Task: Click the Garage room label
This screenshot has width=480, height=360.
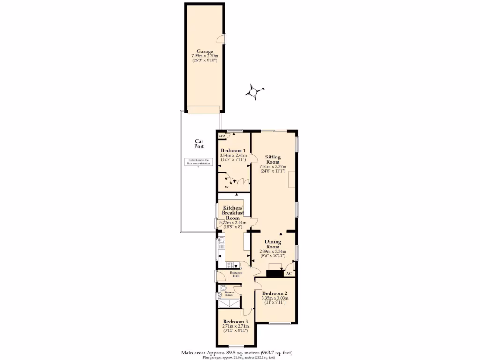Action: [x=205, y=52]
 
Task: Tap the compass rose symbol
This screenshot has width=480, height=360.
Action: [x=254, y=92]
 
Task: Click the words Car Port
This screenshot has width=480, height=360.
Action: [x=199, y=143]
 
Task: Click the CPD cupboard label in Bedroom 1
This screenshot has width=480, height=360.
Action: [x=222, y=136]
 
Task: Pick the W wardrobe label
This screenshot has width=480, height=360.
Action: [x=226, y=187]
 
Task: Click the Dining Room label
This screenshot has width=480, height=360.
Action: [x=273, y=244]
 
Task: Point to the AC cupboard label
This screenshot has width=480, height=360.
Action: [x=289, y=273]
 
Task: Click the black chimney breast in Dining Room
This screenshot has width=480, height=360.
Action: [x=274, y=273]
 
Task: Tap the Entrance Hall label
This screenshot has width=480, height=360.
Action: [x=236, y=274]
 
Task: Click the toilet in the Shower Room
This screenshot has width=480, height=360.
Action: [x=223, y=289]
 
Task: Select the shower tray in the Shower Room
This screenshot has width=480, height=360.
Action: [x=230, y=304]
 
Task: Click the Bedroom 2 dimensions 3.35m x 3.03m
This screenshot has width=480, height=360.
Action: [x=275, y=298]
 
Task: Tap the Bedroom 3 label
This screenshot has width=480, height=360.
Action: [x=235, y=321]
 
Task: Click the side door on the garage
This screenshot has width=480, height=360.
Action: [x=225, y=39]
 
